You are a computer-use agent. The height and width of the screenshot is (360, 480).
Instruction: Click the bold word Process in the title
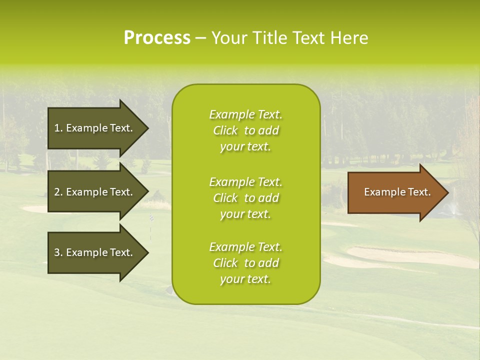point(157,37)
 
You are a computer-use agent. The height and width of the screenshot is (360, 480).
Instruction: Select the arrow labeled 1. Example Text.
point(95,128)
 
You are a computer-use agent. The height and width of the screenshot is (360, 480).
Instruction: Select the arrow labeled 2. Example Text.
point(95,192)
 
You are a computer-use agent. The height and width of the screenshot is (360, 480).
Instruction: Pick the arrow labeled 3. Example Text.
point(95,252)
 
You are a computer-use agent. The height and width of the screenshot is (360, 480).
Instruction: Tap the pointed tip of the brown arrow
point(446,192)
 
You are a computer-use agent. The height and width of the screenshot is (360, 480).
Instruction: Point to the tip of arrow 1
point(147,128)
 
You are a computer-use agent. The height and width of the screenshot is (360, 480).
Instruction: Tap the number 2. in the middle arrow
point(58,192)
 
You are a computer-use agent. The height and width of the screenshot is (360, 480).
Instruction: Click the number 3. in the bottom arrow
point(58,252)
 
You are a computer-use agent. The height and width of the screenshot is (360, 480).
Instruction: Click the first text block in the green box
point(245,130)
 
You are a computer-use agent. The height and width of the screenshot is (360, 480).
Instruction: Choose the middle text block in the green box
point(245,198)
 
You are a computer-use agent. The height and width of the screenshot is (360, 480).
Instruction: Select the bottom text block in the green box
point(245,263)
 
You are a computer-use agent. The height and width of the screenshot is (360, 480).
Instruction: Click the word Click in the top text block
point(225,130)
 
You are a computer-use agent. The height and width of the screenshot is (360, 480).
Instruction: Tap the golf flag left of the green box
point(151,218)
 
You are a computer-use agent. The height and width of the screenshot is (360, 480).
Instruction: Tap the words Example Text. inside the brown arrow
point(397,192)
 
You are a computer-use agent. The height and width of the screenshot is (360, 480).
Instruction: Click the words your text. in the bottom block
point(245,279)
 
